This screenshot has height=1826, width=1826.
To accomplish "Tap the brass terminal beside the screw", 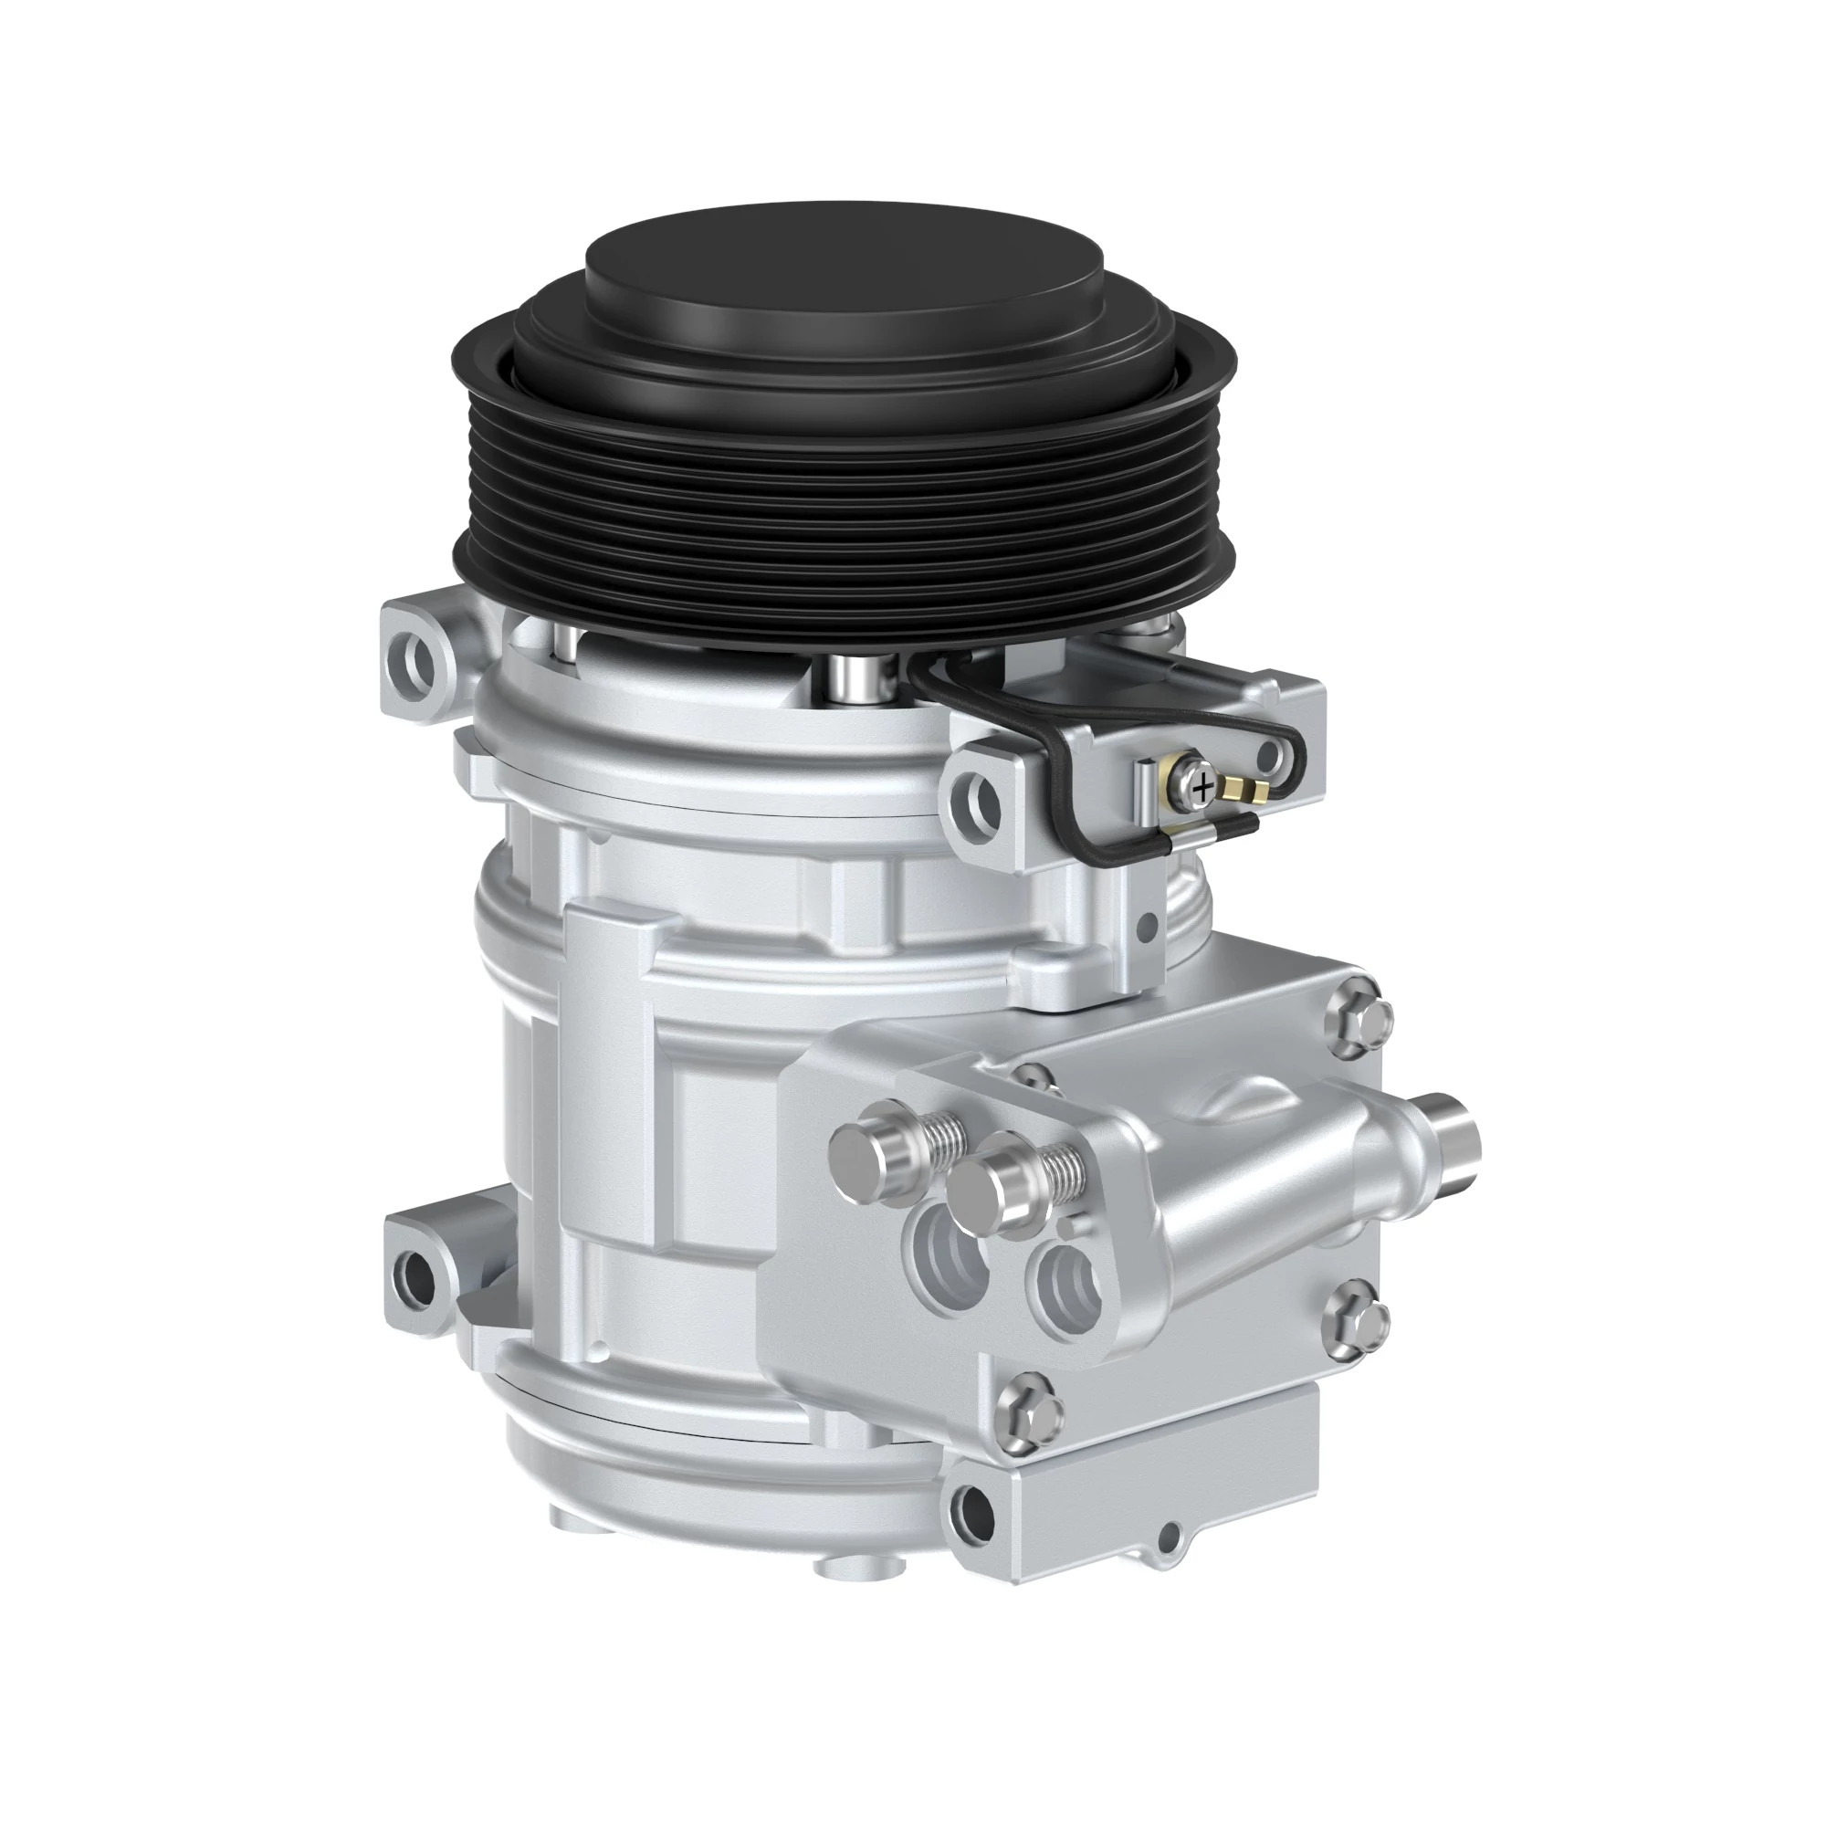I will click(1240, 786).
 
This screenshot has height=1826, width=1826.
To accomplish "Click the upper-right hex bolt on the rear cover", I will click(1359, 1018).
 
